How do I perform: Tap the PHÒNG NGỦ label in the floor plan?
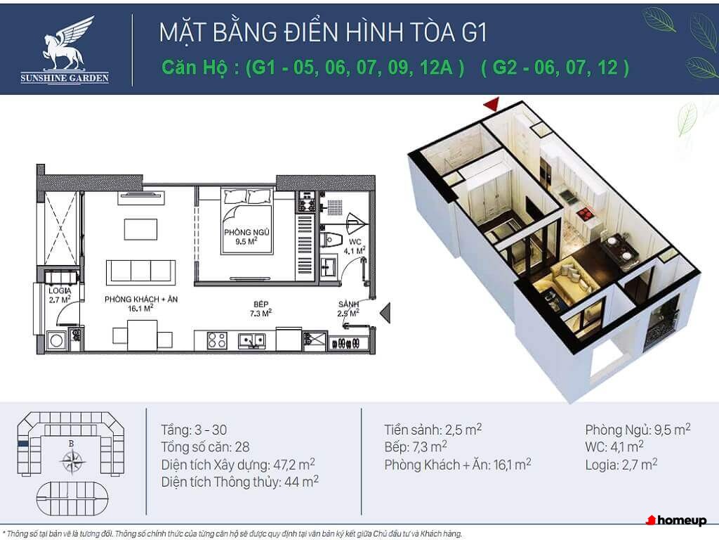click(246, 236)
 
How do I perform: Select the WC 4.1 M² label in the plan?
click(355, 246)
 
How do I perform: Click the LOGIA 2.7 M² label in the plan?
click(60, 295)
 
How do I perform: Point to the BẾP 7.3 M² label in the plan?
click(261, 309)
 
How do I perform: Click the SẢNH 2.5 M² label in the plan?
click(348, 309)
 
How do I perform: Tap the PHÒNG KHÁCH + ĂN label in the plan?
click(140, 304)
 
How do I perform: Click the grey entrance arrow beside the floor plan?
click(385, 313)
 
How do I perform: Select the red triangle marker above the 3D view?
click(491, 105)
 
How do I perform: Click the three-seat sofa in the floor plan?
click(140, 272)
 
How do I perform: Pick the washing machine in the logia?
click(57, 341)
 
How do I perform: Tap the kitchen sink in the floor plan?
click(251, 341)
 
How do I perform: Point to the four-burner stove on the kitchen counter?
click(217, 341)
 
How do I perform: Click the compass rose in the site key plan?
click(72, 461)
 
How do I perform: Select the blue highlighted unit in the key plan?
click(23, 444)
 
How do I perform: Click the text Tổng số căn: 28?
click(206, 446)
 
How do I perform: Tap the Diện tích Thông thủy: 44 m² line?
click(240, 482)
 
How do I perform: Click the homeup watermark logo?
click(676, 520)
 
